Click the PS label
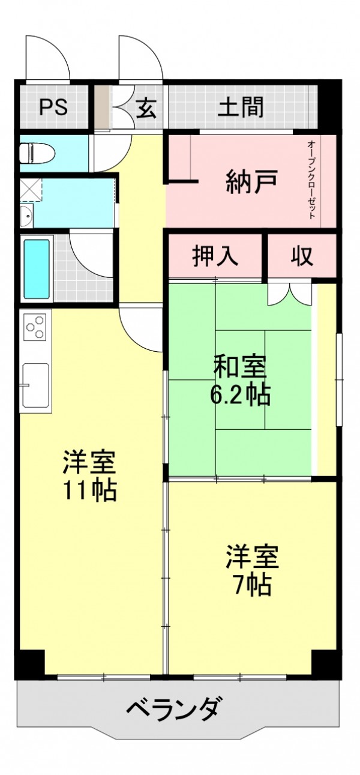[53, 107]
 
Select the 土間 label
[241, 107]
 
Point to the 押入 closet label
[215, 256]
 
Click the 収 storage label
[302, 256]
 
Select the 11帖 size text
[89, 490]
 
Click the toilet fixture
[37, 152]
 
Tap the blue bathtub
[37, 268]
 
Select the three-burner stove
[35, 325]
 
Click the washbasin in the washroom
[26, 216]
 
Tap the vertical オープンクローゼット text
[311, 179]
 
